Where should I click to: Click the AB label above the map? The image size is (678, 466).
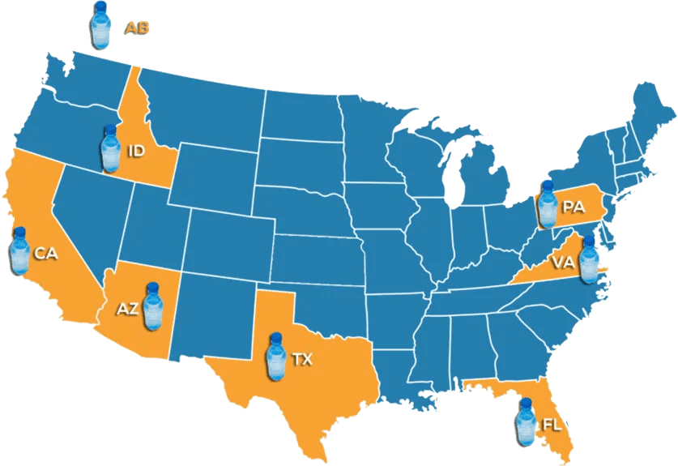coord(136,28)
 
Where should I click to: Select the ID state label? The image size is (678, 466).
coord(136,151)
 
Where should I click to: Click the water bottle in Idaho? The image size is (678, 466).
coord(110,149)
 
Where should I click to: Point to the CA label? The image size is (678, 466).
coord(45,254)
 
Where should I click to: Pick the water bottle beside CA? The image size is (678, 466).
coord(19,250)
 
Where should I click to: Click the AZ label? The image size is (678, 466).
coord(127,308)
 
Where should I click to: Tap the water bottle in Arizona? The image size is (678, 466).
coord(152,306)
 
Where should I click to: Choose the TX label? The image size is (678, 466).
coord(302,357)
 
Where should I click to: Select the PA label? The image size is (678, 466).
coord(574,207)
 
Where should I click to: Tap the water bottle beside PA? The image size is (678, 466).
coord(548,206)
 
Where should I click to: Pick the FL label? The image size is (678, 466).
coord(551,425)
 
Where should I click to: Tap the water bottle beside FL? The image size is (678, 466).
coord(526,421)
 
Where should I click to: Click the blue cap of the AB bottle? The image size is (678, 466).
coord(100,6)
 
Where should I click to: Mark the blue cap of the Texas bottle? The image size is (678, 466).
coord(277,336)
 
